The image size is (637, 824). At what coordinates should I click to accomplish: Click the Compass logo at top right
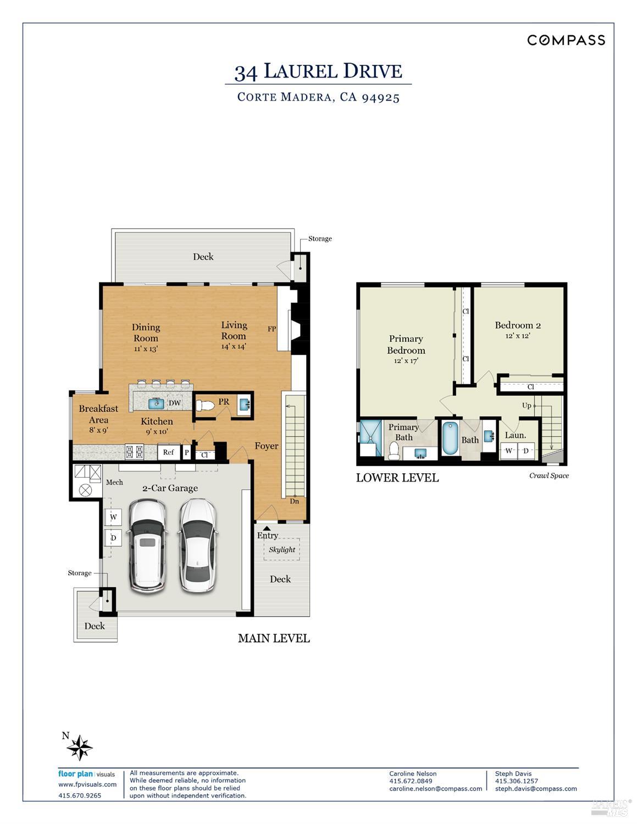pyautogui.click(x=566, y=40)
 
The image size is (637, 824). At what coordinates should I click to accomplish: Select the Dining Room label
pyautogui.click(x=146, y=333)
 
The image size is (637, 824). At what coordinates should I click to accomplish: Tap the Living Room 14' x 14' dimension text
pyautogui.click(x=234, y=346)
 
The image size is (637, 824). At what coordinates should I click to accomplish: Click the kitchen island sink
pyautogui.click(x=156, y=403)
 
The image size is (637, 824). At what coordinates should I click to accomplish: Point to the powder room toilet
pyautogui.click(x=205, y=406)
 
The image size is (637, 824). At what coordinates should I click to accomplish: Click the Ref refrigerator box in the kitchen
pyautogui.click(x=168, y=452)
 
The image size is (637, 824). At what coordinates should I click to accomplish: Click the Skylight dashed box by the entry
pyautogui.click(x=281, y=550)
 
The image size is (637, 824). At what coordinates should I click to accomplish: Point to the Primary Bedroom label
pyautogui.click(x=406, y=345)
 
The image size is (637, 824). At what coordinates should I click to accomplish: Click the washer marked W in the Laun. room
pyautogui.click(x=509, y=451)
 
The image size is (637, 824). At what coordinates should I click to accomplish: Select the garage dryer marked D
pyautogui.click(x=113, y=537)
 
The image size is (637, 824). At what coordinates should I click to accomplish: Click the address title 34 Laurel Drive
pyautogui.click(x=318, y=71)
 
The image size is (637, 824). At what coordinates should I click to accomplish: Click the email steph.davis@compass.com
pyautogui.click(x=536, y=788)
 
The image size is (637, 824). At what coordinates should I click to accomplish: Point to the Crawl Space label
pyautogui.click(x=549, y=475)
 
